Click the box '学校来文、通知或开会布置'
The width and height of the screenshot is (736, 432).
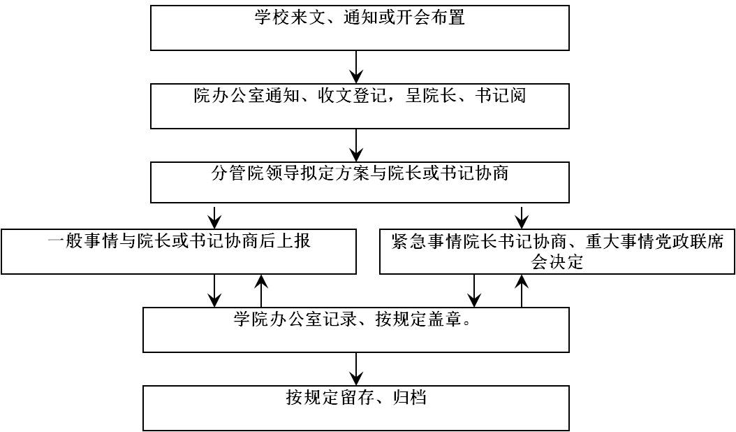click(360, 28)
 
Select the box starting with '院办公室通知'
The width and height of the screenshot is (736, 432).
click(360, 106)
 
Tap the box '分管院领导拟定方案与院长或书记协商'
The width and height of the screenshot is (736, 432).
click(360, 182)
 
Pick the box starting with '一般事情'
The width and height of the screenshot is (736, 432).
click(179, 252)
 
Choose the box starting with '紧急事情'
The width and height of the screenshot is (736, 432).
click(557, 252)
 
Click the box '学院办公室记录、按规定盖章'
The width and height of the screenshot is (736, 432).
click(356, 330)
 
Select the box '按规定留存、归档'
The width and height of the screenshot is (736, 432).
click(356, 408)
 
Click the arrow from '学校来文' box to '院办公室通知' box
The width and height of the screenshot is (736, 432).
click(357, 67)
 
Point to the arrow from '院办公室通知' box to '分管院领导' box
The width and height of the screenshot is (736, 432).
click(357, 145)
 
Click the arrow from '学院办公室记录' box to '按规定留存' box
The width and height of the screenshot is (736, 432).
click(357, 369)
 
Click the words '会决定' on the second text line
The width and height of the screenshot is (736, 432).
click(557, 262)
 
